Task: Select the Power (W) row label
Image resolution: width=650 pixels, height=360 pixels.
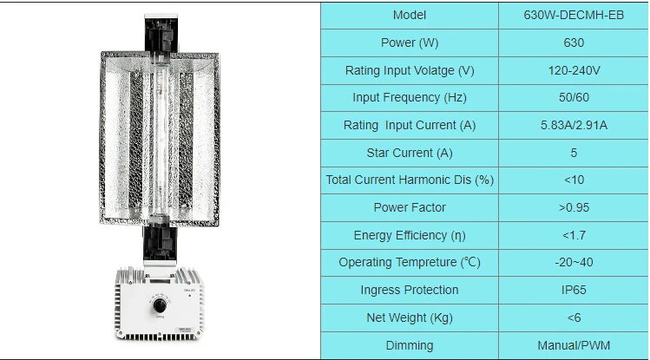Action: pos(410,43)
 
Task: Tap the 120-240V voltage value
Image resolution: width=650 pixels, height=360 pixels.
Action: pos(573,70)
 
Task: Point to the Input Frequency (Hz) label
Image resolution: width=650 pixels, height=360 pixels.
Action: pos(410,97)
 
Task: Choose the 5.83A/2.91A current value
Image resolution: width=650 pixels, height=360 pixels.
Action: pos(573,125)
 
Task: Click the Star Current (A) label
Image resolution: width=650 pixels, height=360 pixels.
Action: pos(410,153)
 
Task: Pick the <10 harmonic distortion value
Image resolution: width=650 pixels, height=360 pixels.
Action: pos(573,180)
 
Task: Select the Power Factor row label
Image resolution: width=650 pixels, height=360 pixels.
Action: pos(410,207)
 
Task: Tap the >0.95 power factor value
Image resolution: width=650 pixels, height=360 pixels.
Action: pos(573,207)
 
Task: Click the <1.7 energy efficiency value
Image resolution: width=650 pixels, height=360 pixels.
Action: pos(573,235)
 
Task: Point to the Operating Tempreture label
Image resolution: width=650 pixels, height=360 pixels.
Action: pos(410,262)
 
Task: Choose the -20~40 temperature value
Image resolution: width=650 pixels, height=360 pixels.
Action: pos(573,262)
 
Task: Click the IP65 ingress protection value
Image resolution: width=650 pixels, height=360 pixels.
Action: pos(573,290)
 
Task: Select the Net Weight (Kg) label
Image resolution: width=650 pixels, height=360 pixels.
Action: pos(410,317)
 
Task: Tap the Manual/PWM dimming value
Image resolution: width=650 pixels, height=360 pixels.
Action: pos(573,345)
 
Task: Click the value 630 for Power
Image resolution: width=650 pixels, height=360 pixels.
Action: pos(573,43)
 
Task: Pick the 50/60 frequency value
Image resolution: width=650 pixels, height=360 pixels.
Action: pos(573,97)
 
